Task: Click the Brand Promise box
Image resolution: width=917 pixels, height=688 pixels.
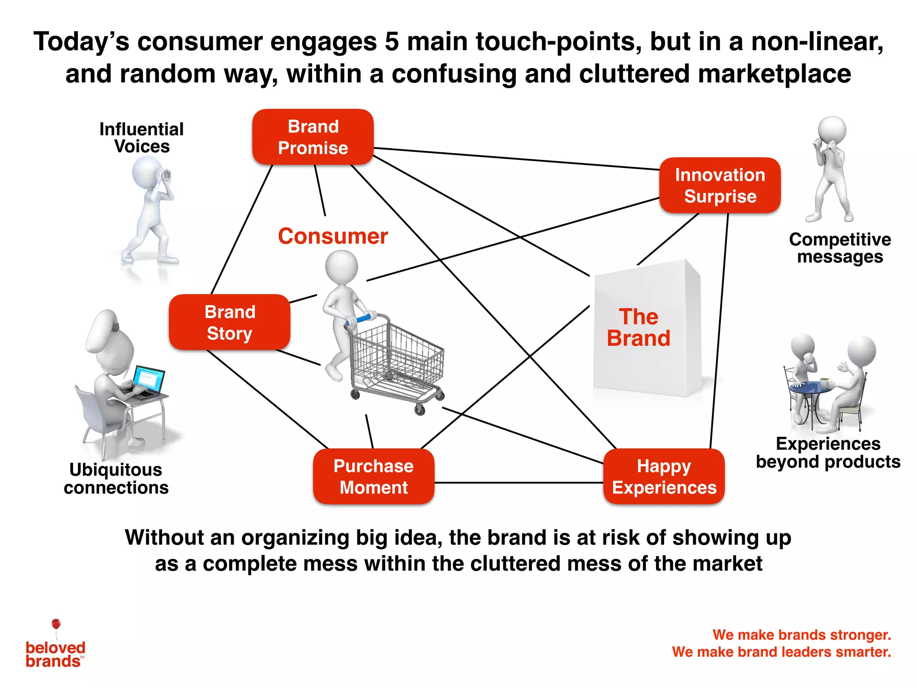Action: tap(313, 137)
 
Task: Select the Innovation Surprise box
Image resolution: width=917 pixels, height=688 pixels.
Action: tap(720, 185)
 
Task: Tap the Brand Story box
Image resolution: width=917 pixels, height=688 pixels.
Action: tap(230, 322)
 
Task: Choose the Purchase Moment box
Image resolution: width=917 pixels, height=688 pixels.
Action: tap(373, 477)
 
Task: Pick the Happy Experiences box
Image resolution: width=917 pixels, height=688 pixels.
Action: tap(664, 477)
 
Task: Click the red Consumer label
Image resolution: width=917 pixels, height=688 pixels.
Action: tap(333, 236)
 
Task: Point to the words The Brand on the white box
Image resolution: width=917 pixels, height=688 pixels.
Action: tap(639, 327)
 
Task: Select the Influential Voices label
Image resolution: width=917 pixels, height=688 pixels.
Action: tap(141, 138)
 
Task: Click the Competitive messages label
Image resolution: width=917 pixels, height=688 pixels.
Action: tap(840, 248)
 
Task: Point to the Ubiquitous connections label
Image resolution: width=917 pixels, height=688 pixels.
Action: tap(116, 478)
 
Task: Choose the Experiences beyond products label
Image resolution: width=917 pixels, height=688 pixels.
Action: tap(828, 452)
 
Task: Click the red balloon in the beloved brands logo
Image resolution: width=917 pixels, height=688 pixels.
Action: tap(56, 624)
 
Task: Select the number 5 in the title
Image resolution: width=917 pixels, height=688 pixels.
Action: tap(391, 42)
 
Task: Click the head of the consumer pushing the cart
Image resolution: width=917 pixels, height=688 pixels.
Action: tap(342, 266)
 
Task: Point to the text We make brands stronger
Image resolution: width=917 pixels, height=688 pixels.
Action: tap(801, 635)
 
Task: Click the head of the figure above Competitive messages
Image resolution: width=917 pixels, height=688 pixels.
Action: tap(832, 130)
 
